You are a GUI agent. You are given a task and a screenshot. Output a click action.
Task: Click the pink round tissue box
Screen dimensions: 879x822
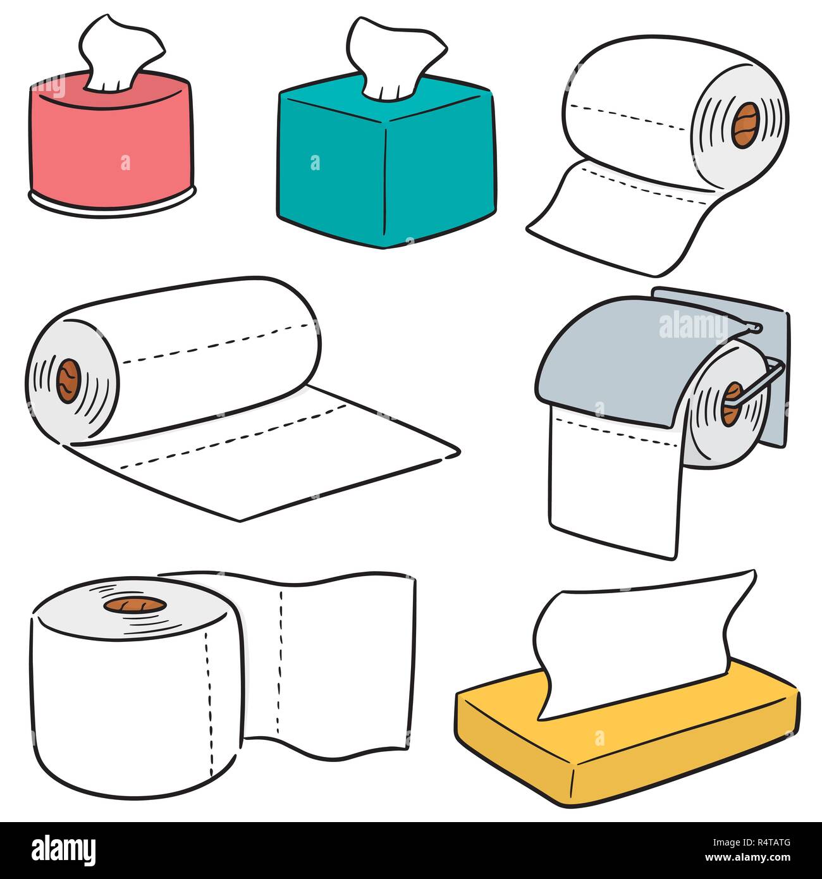[111, 145]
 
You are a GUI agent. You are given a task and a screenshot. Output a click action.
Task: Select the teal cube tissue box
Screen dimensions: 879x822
[386, 164]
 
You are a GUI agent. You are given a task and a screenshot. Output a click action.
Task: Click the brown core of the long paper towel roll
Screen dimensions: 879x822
[68, 381]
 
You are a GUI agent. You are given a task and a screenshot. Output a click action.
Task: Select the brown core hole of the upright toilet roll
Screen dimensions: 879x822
[135, 605]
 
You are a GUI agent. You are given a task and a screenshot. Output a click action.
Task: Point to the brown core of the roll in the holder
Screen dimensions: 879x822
[733, 403]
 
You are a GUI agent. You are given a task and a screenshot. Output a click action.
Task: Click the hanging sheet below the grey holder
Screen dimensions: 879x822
[613, 487]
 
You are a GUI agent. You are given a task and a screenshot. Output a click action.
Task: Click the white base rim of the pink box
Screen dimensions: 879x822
[111, 208]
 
